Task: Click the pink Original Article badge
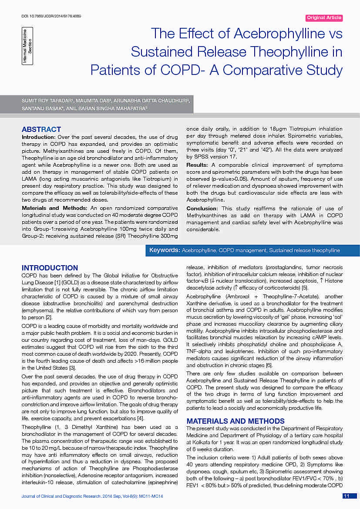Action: point(324,18)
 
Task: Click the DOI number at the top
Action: point(51,17)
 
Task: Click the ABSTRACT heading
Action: point(41,129)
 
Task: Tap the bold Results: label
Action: point(198,165)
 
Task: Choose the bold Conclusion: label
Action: point(203,208)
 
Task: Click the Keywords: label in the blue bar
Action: point(165,250)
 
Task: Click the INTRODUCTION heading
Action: point(50,268)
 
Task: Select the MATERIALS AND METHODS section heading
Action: point(236,421)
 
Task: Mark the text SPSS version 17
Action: point(205,156)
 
